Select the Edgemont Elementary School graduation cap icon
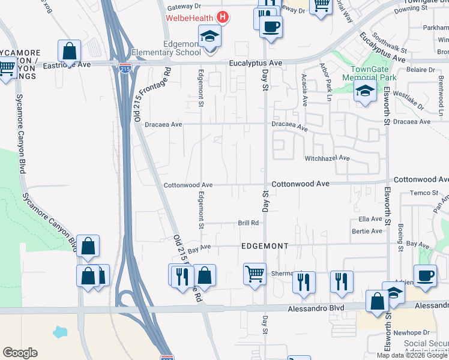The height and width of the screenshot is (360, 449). tap(209, 37)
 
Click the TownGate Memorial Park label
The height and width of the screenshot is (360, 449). tap(369, 73)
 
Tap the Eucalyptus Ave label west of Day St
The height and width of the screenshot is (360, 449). tap(255, 63)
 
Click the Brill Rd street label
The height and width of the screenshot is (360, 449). tap(248, 223)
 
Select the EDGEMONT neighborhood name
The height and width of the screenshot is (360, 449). tap(265, 246)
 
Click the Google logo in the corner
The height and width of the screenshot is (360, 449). tap(20, 353)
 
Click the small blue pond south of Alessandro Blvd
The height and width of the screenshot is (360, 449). tap(61, 331)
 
